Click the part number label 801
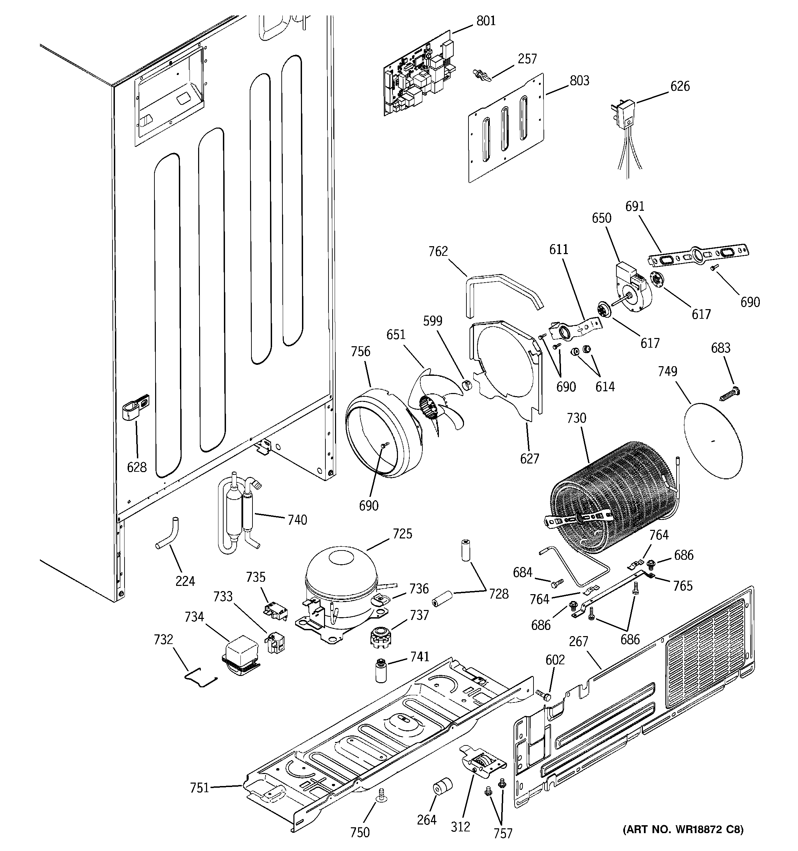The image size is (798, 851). point(486,21)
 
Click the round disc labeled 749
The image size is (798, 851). point(713,441)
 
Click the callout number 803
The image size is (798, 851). point(579,80)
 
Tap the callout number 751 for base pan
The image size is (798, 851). point(199,788)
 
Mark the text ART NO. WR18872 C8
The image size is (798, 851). point(683,829)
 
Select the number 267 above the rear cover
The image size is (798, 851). point(578,641)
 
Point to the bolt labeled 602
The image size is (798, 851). point(543,695)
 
